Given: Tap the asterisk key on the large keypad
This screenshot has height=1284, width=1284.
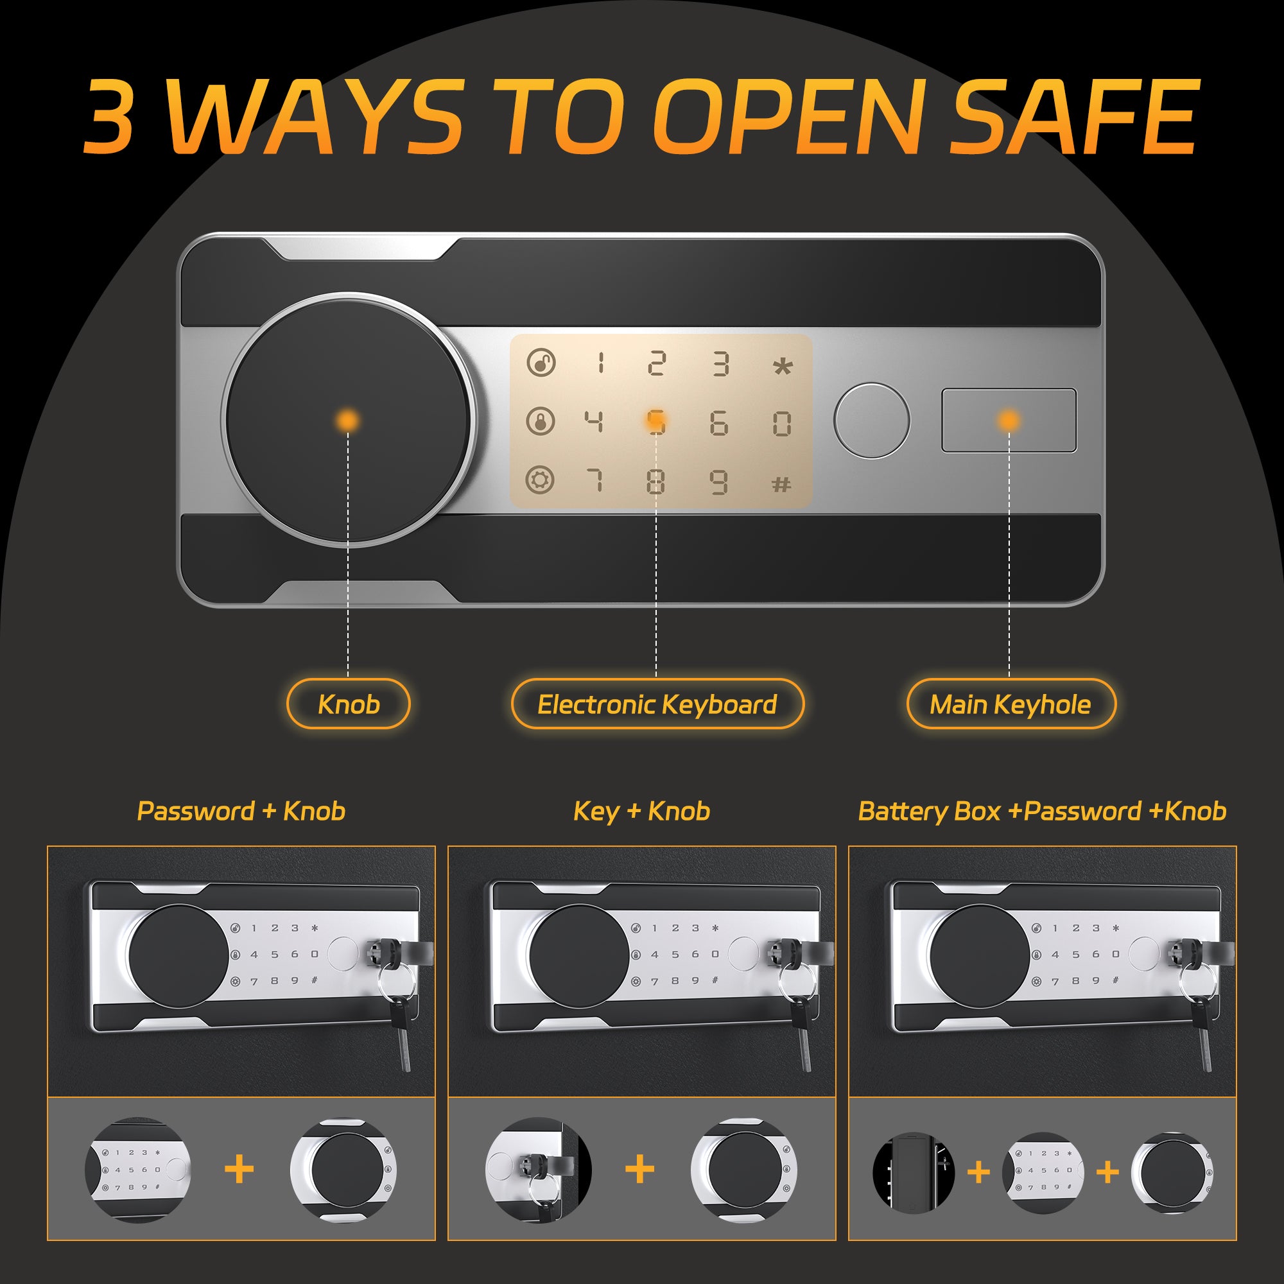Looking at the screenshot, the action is [783, 365].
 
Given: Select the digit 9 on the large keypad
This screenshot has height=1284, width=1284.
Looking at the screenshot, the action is [718, 482].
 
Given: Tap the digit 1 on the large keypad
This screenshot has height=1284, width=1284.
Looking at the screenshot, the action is [601, 363].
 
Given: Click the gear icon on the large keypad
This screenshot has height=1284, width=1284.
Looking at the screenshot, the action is [541, 480].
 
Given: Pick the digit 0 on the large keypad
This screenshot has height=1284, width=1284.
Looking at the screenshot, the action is [782, 423].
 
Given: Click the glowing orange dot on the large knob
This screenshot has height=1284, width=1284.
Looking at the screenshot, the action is [347, 420].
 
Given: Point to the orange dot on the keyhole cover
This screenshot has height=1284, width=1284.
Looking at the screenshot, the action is [1009, 420].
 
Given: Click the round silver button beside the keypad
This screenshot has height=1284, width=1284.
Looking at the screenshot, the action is [872, 420].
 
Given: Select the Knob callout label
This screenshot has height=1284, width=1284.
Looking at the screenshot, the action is [348, 704].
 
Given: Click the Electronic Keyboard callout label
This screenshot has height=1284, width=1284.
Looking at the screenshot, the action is [657, 704].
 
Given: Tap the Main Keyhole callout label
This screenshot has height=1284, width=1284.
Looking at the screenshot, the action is [1011, 704].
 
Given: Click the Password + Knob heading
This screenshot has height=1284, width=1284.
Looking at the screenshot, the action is [241, 811].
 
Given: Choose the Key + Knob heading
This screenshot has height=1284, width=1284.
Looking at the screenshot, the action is [642, 811].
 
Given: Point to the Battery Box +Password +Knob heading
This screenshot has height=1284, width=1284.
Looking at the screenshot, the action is [1042, 811].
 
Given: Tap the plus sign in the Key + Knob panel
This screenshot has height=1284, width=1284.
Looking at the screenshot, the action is [640, 1169].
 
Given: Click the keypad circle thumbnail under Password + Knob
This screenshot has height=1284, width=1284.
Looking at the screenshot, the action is [137, 1170].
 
